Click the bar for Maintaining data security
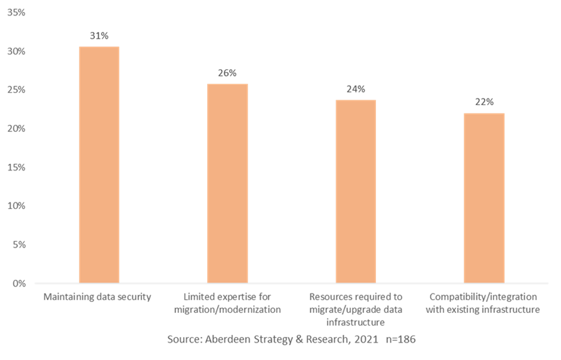coord(99,164)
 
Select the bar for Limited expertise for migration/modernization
coord(227,183)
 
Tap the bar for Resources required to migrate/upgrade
coord(356,191)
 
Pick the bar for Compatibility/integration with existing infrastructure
coord(484,198)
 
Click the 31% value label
coord(99,36)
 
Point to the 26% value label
coord(227,73)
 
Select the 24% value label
coord(356,90)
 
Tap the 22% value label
coord(484,102)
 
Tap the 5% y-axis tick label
coord(18,245)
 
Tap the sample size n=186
coord(400,339)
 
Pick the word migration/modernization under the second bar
coord(227,310)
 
